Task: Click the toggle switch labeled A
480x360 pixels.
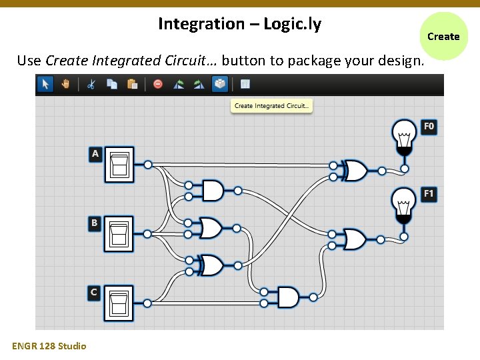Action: click(x=119, y=165)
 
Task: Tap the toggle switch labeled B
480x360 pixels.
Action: click(x=119, y=234)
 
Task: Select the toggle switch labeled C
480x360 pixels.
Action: click(x=119, y=303)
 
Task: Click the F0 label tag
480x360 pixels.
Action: click(x=429, y=126)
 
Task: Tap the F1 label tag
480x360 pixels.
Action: click(x=429, y=194)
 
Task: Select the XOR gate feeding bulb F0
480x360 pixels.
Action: click(x=353, y=171)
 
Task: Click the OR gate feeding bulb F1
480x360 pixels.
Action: click(x=353, y=239)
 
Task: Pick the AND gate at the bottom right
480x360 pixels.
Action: click(x=289, y=297)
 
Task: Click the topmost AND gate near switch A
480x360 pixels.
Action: click(x=213, y=191)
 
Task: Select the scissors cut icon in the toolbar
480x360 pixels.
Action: click(x=91, y=84)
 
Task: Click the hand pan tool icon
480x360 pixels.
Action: click(x=65, y=84)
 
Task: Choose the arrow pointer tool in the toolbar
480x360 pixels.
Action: click(x=45, y=84)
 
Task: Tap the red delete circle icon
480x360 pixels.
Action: click(x=158, y=84)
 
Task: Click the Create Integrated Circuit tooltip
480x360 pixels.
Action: click(x=272, y=106)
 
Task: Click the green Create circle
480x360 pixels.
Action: click(x=443, y=37)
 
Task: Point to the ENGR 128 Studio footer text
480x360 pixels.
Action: click(x=49, y=346)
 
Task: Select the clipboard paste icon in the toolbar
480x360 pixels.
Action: click(x=132, y=84)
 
